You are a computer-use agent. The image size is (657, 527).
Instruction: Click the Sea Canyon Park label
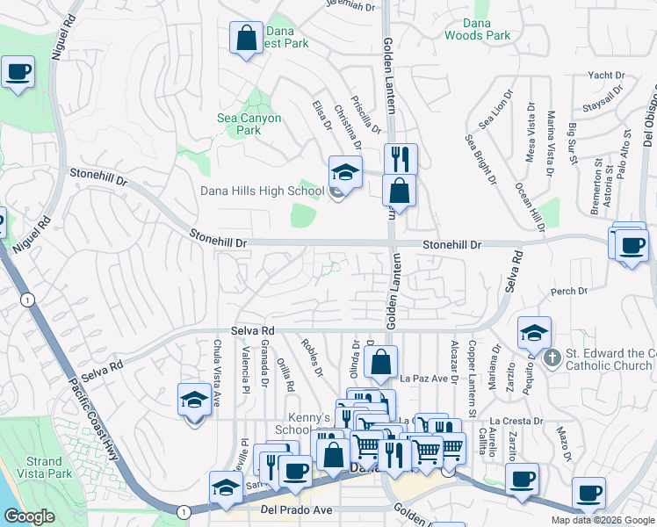(249, 124)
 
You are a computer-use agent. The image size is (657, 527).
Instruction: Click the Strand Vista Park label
(43, 467)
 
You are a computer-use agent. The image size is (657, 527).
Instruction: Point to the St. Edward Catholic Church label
(608, 359)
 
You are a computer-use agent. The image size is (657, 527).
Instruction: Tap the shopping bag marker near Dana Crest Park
(246, 39)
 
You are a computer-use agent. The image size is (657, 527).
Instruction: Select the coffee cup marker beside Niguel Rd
(18, 73)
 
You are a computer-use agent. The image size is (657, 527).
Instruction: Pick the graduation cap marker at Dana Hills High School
(345, 171)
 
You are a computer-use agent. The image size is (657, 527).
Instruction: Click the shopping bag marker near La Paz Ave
(381, 362)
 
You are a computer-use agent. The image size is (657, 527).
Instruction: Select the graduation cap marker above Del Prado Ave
(226, 489)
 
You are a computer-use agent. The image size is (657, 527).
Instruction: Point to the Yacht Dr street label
(606, 76)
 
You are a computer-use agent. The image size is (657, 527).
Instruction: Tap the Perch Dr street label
(568, 291)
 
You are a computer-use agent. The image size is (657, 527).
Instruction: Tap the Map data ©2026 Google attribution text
(602, 520)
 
